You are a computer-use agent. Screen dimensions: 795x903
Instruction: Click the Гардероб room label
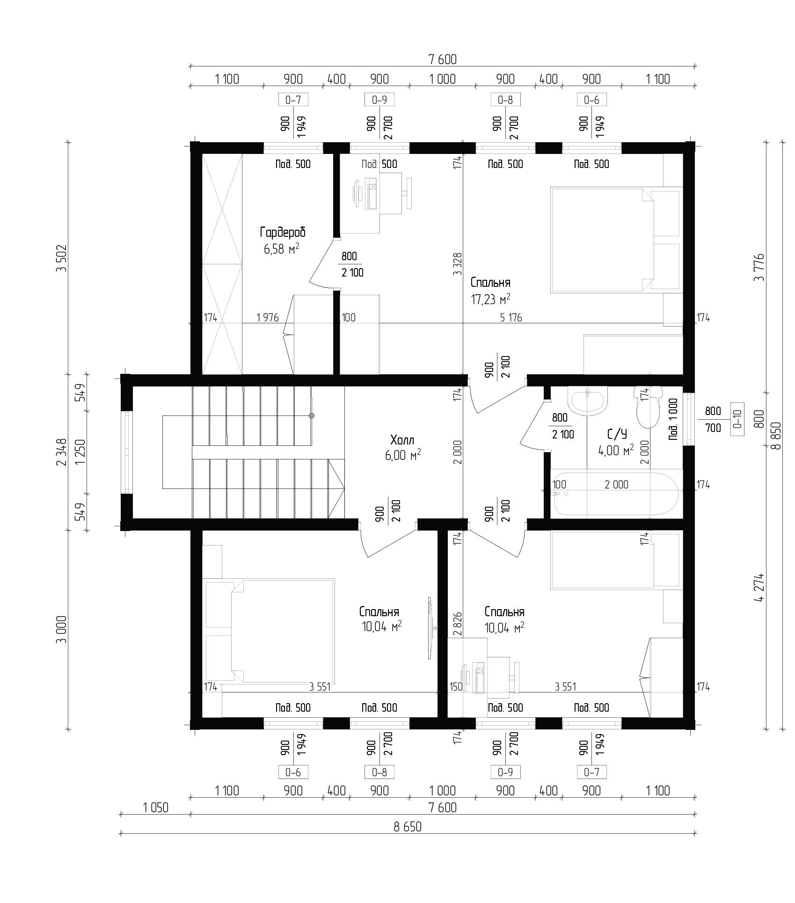coord(283,233)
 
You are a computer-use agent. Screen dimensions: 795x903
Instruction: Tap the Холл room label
coord(402,440)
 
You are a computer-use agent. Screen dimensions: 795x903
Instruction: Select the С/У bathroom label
coord(617,435)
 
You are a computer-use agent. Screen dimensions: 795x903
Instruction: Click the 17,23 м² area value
coord(490,299)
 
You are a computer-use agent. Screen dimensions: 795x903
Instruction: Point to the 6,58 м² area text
coord(282,248)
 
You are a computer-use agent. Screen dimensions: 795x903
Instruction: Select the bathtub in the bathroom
coord(616,494)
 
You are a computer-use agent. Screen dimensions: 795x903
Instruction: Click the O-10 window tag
coord(737,419)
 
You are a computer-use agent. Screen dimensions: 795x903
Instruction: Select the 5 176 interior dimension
coord(511,318)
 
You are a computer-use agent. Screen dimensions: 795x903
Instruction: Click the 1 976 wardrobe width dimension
coord(268,318)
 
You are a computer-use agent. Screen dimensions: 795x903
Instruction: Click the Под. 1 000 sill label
coord(673,419)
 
